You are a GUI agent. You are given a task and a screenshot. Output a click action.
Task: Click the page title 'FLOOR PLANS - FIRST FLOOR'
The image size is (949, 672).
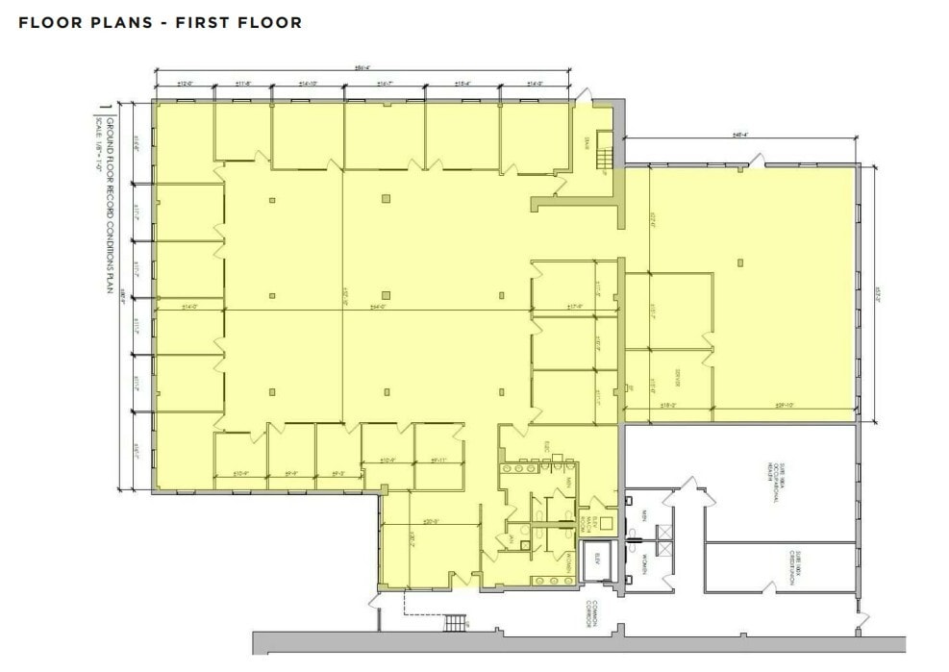coord(160,22)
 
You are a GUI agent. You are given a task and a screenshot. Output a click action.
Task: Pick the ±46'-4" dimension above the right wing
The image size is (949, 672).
coord(741,135)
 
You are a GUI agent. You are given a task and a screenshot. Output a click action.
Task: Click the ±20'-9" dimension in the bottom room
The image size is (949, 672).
coord(430,522)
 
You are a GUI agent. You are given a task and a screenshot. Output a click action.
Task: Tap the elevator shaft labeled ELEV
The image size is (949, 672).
coord(597,565)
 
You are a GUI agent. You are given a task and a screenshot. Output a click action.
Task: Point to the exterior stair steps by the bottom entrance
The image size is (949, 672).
coord(455,624)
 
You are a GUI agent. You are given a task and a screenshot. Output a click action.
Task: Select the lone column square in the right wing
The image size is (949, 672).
coord(740,261)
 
